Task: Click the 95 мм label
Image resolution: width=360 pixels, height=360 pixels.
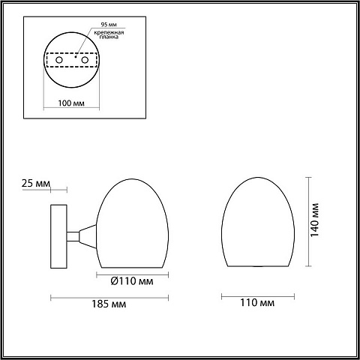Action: click(109, 25)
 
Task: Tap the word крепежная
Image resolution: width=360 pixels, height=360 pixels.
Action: click(109, 32)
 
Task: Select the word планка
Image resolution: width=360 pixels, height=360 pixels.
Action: click(109, 37)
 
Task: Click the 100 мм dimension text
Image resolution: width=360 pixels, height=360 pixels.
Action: click(71, 103)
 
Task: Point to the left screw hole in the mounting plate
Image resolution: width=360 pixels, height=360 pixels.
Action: click(59, 60)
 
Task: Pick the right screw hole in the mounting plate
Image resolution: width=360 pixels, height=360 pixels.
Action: click(85, 60)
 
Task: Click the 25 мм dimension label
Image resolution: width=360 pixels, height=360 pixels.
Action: click(36, 183)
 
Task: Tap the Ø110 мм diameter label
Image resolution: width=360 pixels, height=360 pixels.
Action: click(132, 281)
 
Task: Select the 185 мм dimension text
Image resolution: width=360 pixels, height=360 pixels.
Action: click(109, 304)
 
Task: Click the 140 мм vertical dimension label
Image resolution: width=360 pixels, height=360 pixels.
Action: click(314, 220)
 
